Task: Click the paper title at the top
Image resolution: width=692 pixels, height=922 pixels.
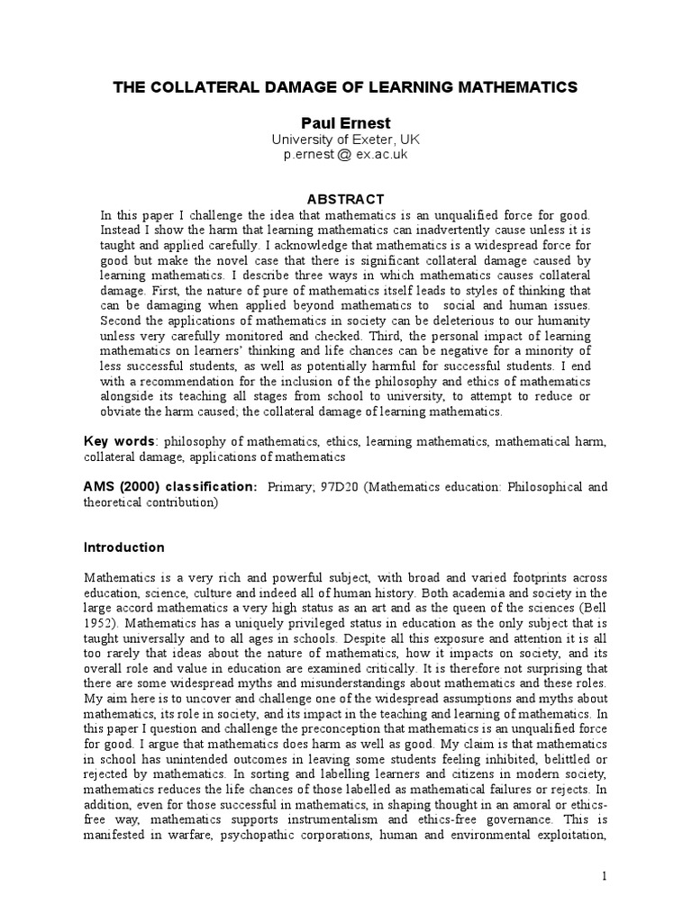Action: click(x=345, y=87)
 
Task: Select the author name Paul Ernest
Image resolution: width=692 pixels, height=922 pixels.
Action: click(x=345, y=122)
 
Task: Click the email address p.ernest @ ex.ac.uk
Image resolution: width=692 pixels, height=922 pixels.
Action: click(x=345, y=155)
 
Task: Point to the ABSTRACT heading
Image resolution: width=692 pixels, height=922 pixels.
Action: click(x=346, y=199)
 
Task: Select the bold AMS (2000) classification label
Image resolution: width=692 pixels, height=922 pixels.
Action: click(x=169, y=487)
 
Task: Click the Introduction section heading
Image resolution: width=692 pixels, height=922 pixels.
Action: click(x=124, y=547)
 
